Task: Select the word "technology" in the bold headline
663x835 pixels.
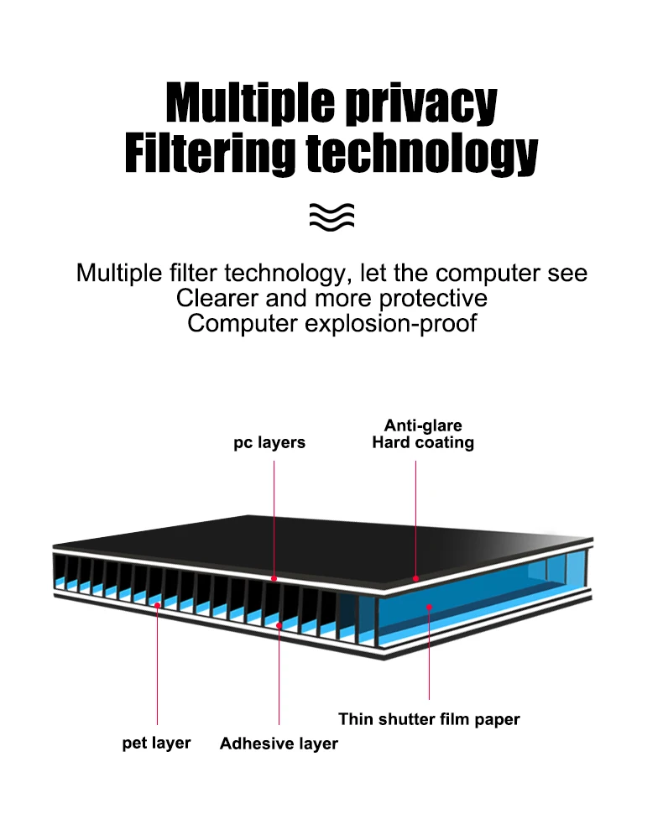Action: (x=420, y=153)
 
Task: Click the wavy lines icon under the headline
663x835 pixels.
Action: (x=331, y=216)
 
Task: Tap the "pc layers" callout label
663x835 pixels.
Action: (x=269, y=442)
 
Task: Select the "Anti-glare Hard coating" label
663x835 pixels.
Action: (x=423, y=434)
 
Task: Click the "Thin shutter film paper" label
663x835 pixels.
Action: (x=429, y=719)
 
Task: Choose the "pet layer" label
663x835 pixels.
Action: (x=156, y=743)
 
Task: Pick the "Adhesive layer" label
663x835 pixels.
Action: (x=279, y=744)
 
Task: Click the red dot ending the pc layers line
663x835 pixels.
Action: (x=274, y=579)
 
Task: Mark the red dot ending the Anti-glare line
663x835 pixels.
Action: (x=416, y=579)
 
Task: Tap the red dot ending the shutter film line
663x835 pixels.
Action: (x=429, y=605)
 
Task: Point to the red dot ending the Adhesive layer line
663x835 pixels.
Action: (x=279, y=624)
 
